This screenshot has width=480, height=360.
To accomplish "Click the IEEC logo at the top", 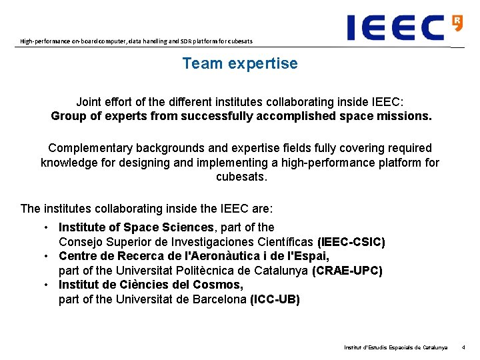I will [396, 27].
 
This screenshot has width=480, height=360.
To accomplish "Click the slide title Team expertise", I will [240, 64].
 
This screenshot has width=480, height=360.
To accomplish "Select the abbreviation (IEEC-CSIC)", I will [351, 242].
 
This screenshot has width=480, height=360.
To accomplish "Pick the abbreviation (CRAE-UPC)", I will [347, 271].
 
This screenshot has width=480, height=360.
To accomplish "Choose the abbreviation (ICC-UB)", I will [275, 299].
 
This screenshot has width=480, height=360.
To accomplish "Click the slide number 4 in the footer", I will [464, 347].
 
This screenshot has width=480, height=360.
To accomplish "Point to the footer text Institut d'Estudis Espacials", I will [395, 347].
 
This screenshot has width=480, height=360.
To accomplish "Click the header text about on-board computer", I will [136, 41].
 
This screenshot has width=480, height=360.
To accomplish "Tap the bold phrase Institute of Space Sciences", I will [137, 227].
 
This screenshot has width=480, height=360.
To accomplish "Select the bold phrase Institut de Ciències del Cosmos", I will [151, 285].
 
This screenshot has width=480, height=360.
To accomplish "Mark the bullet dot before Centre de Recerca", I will [47, 257].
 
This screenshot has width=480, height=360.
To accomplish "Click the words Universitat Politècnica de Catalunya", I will [207, 271].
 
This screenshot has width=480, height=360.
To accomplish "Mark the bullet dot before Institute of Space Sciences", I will [47, 228].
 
